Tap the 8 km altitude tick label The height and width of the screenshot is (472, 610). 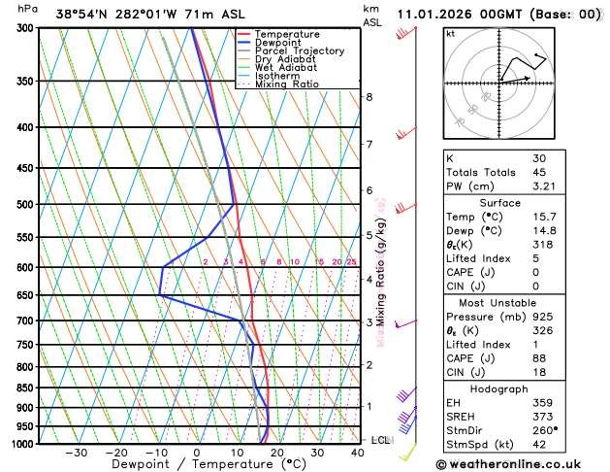369,97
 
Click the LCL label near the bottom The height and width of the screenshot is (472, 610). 380,440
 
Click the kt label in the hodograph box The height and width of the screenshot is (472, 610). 450,34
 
